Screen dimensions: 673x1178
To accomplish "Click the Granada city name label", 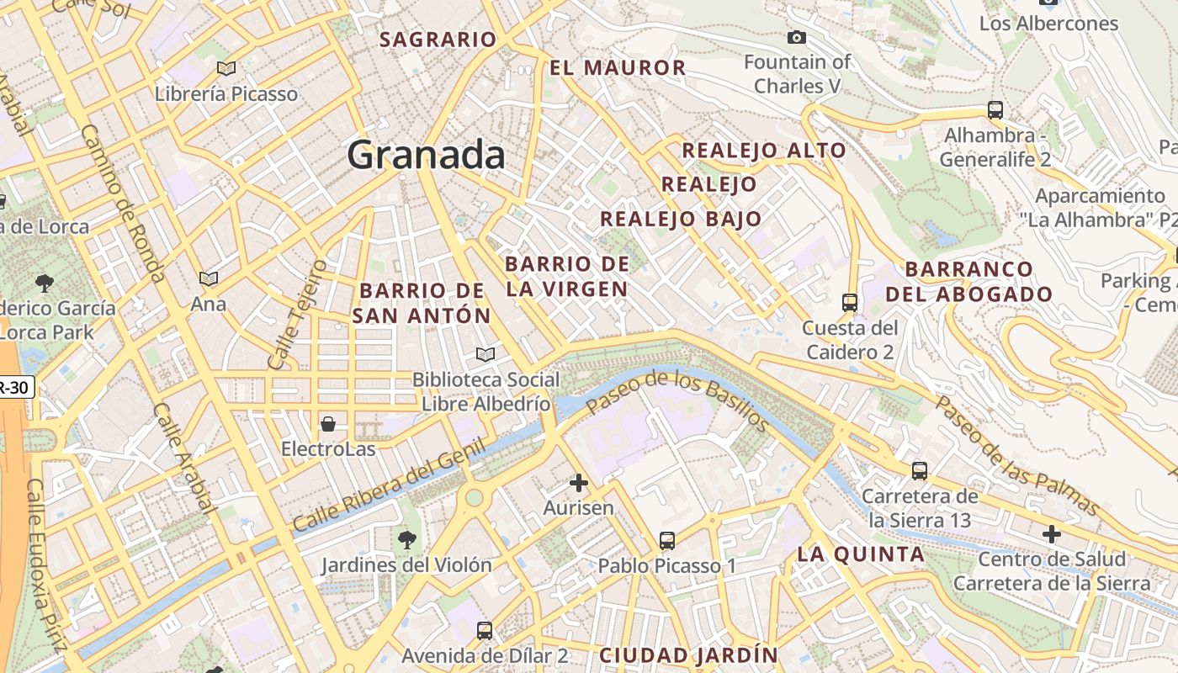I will click(426, 155).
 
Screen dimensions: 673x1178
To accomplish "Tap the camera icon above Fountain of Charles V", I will click(796, 37).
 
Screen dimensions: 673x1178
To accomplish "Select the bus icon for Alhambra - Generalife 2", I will click(995, 110).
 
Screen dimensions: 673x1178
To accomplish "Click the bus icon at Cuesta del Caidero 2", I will click(850, 303).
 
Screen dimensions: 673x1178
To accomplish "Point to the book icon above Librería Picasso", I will click(226, 68).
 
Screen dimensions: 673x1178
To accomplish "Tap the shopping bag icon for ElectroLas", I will click(328, 424).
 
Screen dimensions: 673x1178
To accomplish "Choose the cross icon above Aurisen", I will click(578, 483).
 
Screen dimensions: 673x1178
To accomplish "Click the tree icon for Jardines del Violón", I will click(406, 538).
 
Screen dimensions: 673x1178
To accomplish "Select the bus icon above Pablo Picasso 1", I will click(667, 541).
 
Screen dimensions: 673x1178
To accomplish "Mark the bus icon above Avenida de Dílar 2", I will click(485, 630).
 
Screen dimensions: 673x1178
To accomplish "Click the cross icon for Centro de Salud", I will click(1051, 534).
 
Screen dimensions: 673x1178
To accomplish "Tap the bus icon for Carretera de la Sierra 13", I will click(920, 471).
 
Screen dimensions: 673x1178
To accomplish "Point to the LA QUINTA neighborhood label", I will click(861, 554).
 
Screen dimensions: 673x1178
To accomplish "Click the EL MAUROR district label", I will click(618, 68).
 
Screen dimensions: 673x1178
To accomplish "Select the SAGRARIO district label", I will click(438, 40).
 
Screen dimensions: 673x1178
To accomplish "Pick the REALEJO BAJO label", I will click(681, 220).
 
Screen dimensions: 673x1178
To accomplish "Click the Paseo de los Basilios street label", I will click(677, 401).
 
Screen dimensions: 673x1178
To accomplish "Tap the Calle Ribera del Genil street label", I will click(390, 487).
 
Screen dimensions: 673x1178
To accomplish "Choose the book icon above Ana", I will click(208, 278).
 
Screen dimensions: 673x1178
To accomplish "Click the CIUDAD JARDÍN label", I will click(688, 654).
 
